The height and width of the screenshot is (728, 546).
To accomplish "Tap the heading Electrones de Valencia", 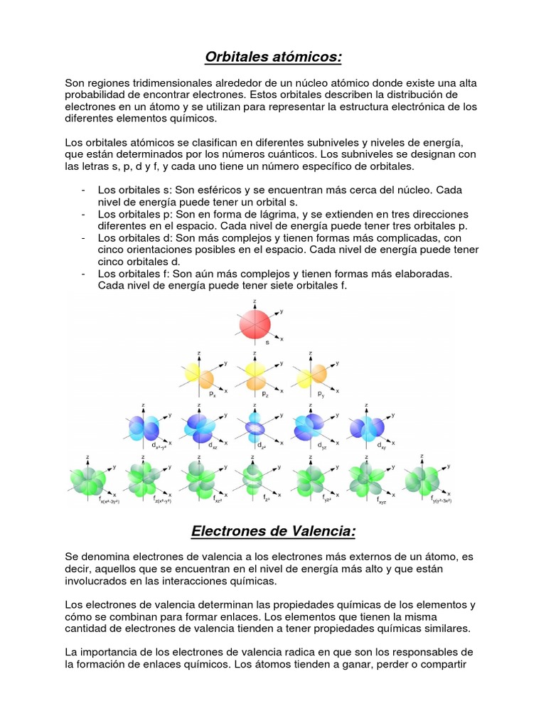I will (x=274, y=531).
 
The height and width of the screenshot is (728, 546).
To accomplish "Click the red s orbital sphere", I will (x=255, y=324).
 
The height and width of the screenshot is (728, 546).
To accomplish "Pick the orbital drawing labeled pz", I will (x=255, y=376).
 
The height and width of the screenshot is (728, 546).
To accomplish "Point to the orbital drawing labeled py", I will (x=311, y=376).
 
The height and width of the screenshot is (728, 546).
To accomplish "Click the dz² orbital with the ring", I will (x=255, y=427).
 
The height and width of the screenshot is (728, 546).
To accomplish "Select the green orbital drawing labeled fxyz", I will (x=365, y=478).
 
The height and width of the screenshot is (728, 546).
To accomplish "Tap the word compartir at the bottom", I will (x=451, y=665).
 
